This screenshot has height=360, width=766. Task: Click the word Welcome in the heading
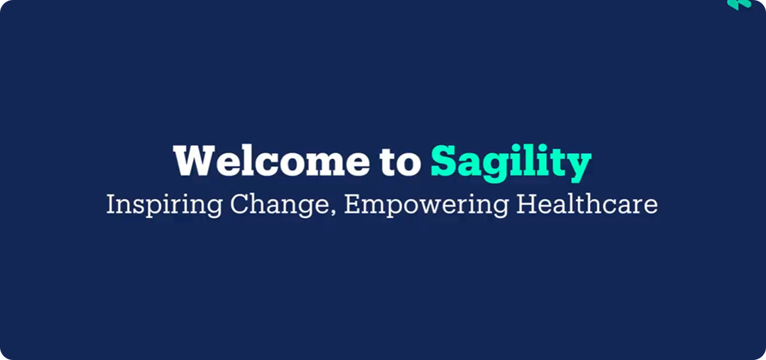[271, 161]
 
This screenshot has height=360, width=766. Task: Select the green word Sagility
[511, 164]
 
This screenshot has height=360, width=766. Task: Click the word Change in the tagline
[280, 205]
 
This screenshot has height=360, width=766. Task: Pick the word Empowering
[426, 205]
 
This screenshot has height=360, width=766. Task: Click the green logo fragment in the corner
[739, 5]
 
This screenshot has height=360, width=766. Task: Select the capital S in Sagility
[444, 161]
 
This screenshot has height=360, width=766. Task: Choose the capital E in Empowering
[352, 205]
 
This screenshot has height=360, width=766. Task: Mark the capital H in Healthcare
[527, 205]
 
